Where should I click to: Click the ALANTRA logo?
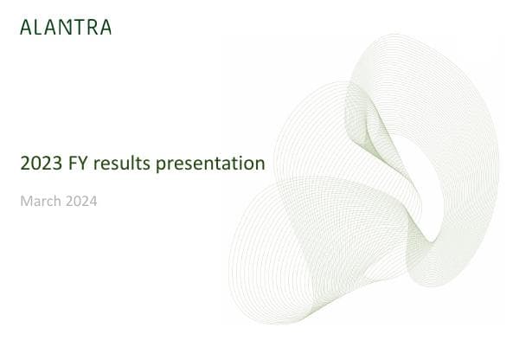(66, 27)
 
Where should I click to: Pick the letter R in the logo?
(93, 27)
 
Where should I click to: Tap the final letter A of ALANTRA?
(106, 27)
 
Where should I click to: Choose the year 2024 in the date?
(81, 202)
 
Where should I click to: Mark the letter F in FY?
(67, 162)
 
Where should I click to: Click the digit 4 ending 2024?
(93, 202)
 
